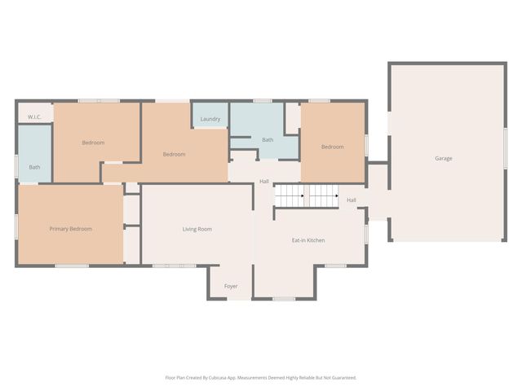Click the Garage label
[x=443, y=158]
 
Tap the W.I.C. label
[x=34, y=117]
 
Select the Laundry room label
[x=210, y=120]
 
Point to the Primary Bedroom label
[x=70, y=229]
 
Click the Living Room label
[x=197, y=229]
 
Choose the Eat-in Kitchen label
[x=309, y=240]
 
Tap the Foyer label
[x=231, y=286]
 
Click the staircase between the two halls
[x=306, y=196]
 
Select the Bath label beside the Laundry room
[x=268, y=140]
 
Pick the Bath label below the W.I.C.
[x=34, y=167]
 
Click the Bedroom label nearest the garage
[x=332, y=147]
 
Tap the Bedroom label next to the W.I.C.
[x=93, y=143]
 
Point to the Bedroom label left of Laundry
[x=174, y=154]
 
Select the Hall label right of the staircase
[x=352, y=200]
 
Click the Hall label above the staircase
[x=264, y=181]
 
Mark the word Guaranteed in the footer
[x=341, y=378]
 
